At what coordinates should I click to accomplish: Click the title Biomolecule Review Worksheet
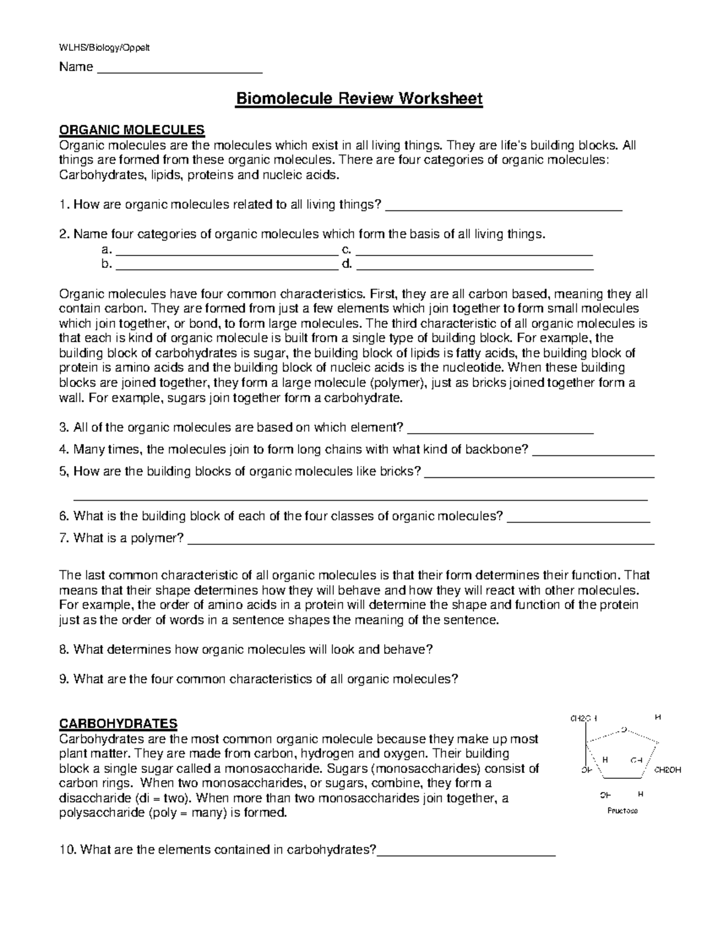coord(358,98)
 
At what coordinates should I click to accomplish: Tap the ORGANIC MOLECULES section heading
coord(131,130)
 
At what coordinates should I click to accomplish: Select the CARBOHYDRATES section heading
coord(117,723)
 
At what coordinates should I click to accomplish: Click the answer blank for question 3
coord(503,431)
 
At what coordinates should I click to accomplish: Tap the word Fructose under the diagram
coord(622,811)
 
